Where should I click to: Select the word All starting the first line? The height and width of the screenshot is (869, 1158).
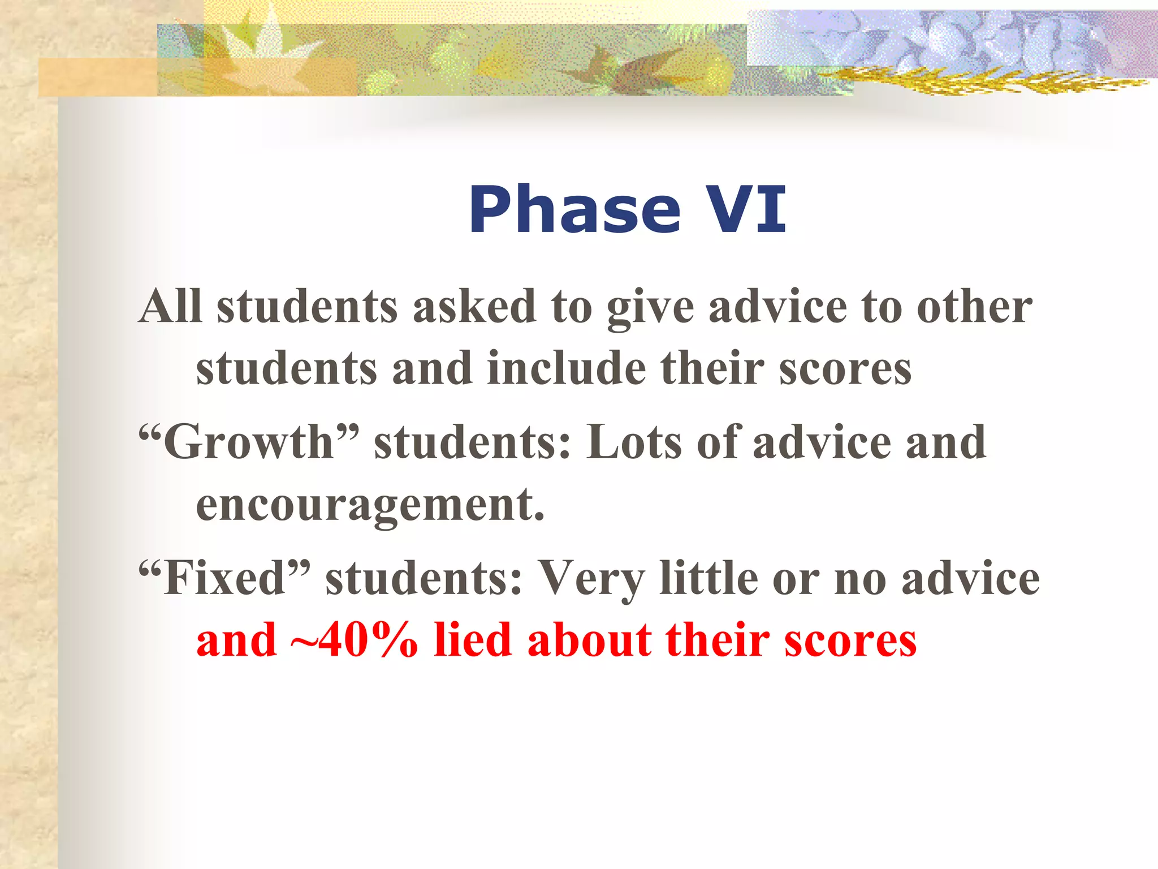click(x=170, y=306)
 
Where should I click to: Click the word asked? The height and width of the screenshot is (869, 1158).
click(x=474, y=306)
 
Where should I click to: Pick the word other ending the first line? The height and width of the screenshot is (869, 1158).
click(x=974, y=306)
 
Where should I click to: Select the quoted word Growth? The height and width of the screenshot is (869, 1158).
click(x=249, y=442)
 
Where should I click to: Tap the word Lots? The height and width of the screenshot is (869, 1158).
click(x=634, y=442)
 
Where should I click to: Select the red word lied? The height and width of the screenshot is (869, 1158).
click(x=472, y=640)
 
